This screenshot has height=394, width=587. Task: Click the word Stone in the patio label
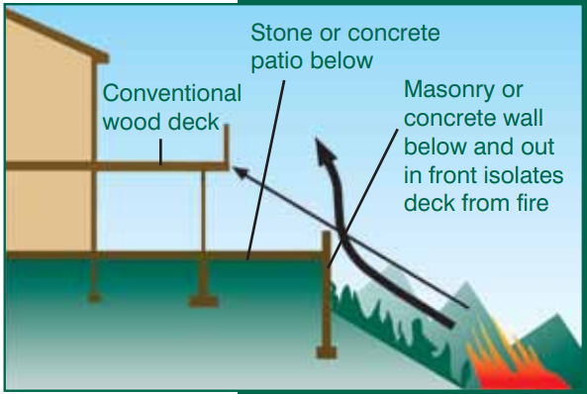[281, 33]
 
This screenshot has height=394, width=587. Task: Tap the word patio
[277, 61]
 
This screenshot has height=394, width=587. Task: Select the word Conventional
[172, 93]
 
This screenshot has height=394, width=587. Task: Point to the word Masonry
[463, 91]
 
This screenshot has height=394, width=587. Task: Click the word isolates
[523, 175]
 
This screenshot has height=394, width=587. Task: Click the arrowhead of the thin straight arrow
[241, 172]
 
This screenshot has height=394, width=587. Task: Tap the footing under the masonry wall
[327, 352]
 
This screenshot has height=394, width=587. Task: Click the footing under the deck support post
[203, 301]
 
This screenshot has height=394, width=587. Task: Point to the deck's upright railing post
[226, 145]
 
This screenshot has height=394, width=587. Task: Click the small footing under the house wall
[94, 298]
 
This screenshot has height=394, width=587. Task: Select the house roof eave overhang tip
[106, 58]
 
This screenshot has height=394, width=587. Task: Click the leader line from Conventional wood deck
[161, 152]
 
